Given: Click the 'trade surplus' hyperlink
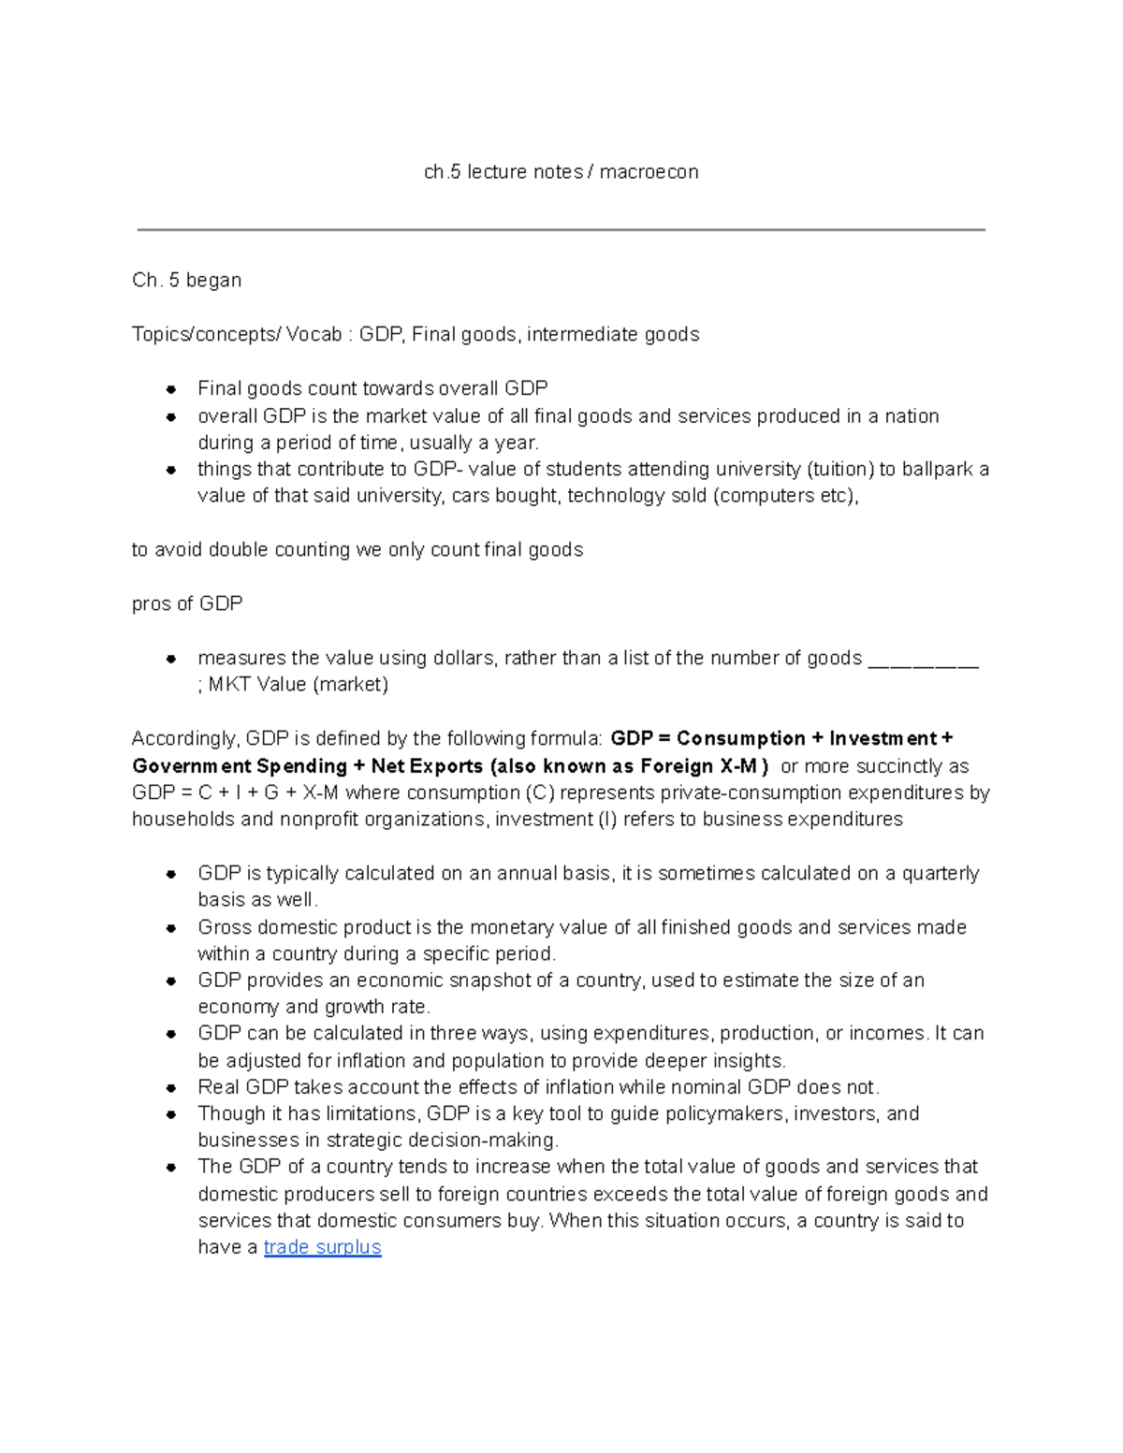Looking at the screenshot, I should [x=322, y=1247].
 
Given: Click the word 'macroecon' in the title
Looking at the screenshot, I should [x=649, y=172].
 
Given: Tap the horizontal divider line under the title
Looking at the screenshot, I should [x=561, y=229].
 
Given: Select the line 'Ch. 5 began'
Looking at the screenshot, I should [x=187, y=281].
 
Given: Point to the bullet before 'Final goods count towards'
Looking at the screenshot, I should [x=171, y=389].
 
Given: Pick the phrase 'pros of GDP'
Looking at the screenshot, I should [x=187, y=604].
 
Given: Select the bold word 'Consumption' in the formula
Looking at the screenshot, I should [x=741, y=739].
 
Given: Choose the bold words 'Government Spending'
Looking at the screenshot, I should [x=240, y=766].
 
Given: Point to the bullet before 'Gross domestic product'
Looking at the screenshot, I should [x=171, y=928].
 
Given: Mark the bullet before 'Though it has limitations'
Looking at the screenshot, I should [x=171, y=1114].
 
